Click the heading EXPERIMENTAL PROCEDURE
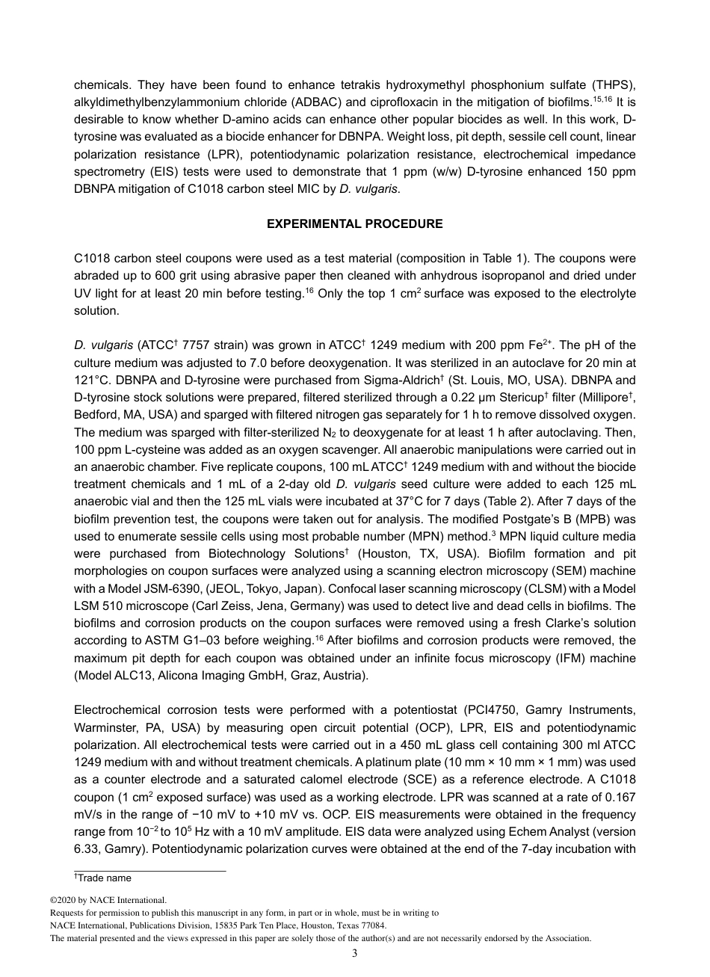pos(355,224)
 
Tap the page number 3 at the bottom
pos(354,952)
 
